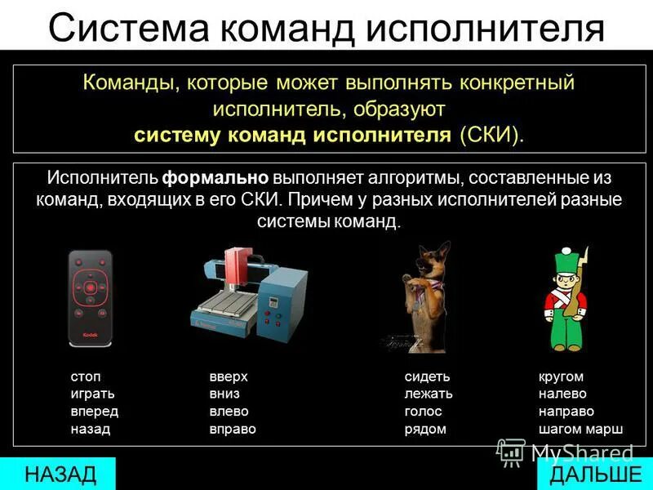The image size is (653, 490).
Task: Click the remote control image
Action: point(90,298)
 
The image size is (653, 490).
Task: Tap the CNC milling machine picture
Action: point(249,298)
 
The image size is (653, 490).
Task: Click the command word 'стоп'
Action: point(86,376)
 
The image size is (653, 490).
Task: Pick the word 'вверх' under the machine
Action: point(229,376)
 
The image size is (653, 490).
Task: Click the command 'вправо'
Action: point(233,428)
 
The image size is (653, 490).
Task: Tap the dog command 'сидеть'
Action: point(427,376)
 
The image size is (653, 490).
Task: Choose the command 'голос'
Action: point(423,411)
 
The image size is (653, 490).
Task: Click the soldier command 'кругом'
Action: point(561,376)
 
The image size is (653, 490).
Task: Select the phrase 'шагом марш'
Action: point(580,428)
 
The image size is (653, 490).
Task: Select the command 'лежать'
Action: point(428,394)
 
